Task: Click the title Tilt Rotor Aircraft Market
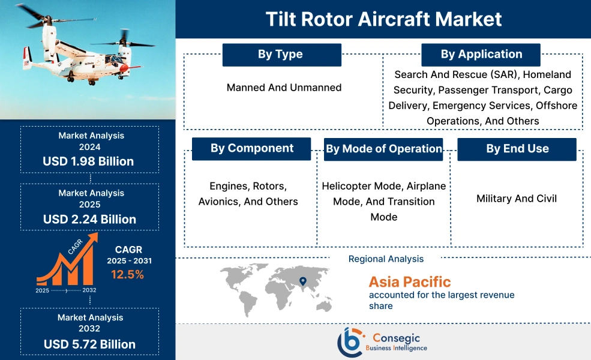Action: click(384, 19)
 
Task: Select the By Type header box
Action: click(281, 55)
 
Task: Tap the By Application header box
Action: click(481, 55)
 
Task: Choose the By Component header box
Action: click(251, 148)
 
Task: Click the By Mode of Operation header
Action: click(383, 149)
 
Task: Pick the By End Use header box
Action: click(517, 149)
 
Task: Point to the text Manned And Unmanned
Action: click(284, 88)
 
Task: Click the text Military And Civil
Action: click(517, 199)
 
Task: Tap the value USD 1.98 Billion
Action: click(88, 161)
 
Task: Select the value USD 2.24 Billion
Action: click(89, 219)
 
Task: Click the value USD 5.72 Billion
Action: click(89, 344)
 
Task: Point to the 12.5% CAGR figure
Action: click(127, 275)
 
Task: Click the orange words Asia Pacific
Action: click(409, 282)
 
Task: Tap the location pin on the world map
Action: click(303, 281)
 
